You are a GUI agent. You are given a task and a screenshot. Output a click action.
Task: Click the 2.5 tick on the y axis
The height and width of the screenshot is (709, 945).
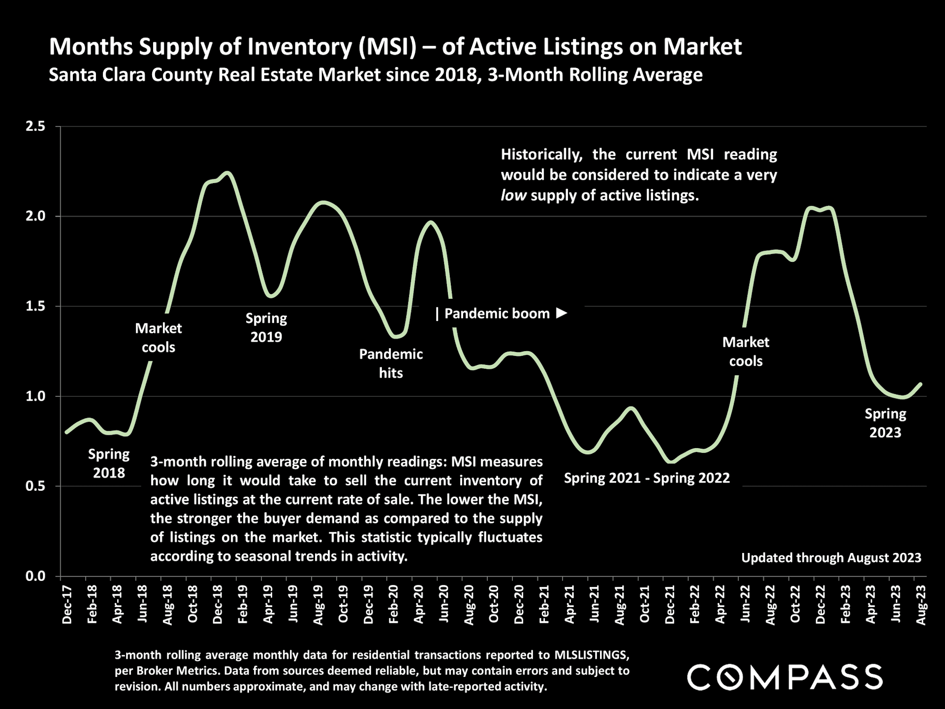point(35,127)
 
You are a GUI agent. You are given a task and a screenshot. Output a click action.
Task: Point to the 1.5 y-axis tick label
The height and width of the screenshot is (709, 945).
point(35,306)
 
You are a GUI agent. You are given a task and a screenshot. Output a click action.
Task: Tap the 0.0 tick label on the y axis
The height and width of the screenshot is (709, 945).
point(35,576)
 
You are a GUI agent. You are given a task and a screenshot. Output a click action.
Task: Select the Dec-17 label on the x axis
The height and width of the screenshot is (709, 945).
point(67,605)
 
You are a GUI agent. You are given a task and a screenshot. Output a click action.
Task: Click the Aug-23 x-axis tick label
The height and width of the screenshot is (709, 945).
point(921,605)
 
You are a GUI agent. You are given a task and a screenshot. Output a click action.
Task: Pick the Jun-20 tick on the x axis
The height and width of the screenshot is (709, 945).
point(443,605)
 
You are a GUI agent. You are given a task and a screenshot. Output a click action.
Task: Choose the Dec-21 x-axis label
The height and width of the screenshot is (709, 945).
point(669,605)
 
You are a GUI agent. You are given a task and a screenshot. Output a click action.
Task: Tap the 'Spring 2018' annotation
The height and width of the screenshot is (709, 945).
point(109,463)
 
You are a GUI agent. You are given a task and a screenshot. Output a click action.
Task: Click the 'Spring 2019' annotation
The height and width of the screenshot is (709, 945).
point(266,327)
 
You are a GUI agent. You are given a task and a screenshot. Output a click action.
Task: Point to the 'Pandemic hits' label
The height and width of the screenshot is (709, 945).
point(391,363)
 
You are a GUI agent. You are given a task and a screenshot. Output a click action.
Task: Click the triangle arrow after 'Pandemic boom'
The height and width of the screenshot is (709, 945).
point(562,313)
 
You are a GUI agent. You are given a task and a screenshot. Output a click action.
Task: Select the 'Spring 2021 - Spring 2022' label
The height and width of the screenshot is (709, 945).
point(647,478)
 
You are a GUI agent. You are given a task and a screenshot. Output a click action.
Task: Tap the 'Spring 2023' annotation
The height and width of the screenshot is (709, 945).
point(885,423)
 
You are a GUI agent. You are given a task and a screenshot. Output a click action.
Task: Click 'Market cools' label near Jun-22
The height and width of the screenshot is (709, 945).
point(746,352)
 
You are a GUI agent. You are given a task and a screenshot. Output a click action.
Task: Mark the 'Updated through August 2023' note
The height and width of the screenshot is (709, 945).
point(831,558)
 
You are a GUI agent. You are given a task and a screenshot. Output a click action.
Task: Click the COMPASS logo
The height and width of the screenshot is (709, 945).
point(785,677)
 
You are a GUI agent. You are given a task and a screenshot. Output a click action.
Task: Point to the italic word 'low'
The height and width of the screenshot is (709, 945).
point(513,195)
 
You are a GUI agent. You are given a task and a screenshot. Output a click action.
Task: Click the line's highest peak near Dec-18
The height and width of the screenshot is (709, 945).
point(227,172)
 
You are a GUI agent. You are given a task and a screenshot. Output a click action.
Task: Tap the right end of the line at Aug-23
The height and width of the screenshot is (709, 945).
point(920,384)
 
